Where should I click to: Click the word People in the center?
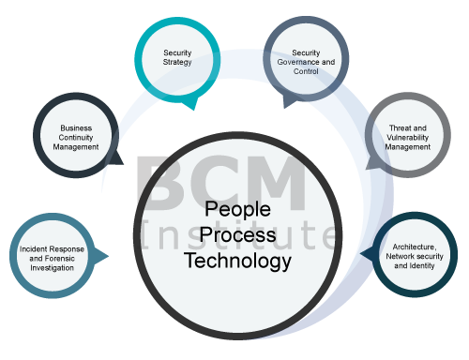[x=237, y=209]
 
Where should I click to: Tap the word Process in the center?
[x=237, y=234]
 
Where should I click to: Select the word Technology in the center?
[x=237, y=260]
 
